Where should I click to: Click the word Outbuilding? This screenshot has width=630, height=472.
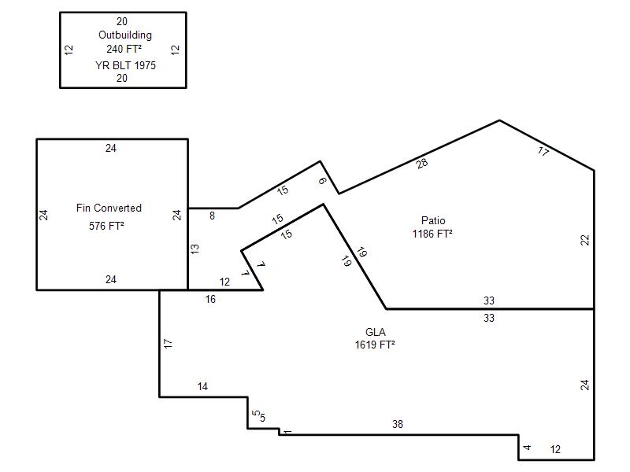(125, 35)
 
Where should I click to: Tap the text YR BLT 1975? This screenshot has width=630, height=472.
(125, 65)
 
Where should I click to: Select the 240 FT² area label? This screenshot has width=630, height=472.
(124, 49)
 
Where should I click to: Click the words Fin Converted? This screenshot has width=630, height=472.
(109, 208)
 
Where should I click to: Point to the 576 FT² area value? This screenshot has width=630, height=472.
(106, 226)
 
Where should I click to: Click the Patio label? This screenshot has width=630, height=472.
(433, 220)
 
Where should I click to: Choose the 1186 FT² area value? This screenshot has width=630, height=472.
(432, 234)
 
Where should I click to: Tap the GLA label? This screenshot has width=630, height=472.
(376, 332)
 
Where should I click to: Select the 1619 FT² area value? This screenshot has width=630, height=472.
(375, 345)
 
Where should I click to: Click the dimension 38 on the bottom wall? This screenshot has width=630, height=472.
(398, 424)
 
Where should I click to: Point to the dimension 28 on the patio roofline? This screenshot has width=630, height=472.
(422, 164)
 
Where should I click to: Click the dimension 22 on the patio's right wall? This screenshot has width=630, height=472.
(585, 240)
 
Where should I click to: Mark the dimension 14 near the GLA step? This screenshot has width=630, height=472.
(202, 386)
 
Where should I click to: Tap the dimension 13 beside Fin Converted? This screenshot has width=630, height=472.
(195, 249)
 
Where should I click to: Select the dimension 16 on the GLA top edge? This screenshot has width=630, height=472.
(210, 299)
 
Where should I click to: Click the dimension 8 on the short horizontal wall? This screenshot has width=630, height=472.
(212, 216)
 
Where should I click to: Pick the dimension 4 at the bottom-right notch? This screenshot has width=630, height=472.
(527, 447)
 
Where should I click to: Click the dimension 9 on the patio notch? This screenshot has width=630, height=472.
(322, 181)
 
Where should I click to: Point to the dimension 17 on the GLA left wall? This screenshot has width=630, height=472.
(168, 344)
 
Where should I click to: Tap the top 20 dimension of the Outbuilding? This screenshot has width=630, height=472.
(122, 21)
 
